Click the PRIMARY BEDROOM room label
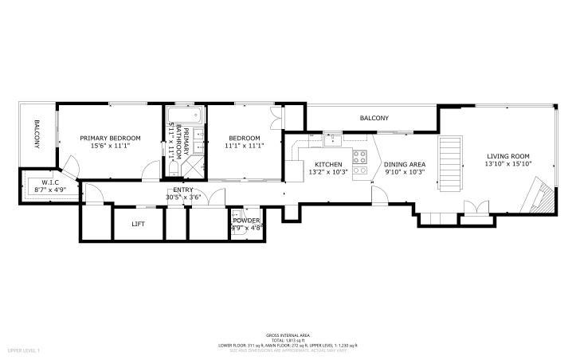click(x=110, y=138)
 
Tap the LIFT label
click(x=139, y=225)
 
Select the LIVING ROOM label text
click(x=509, y=155)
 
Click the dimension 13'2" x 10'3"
click(x=328, y=171)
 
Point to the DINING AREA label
click(x=405, y=164)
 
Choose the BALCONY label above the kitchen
click(x=374, y=118)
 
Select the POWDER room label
click(x=246, y=220)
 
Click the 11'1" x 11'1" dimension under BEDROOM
click(x=243, y=146)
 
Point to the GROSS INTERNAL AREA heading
click(x=288, y=335)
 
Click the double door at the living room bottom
click(x=475, y=208)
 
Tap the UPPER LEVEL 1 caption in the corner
click(x=24, y=350)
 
